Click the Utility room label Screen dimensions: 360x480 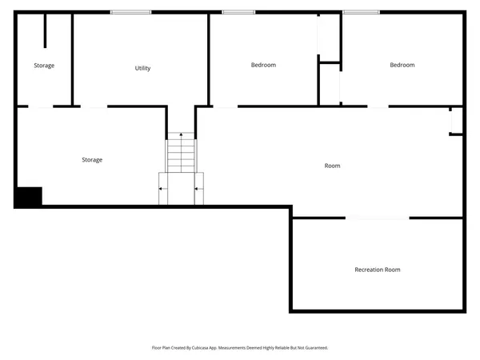click(142, 68)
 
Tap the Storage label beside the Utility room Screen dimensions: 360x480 click(44, 66)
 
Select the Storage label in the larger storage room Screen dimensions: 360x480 click(92, 160)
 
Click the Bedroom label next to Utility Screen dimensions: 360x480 click(263, 65)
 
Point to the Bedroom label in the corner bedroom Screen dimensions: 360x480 click(402, 65)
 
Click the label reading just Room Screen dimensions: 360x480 click(332, 166)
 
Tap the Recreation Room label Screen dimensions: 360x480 click(378, 270)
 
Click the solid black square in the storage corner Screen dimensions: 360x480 click(29, 197)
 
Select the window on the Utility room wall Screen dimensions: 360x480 click(130, 11)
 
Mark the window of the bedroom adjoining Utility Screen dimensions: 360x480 click(238, 11)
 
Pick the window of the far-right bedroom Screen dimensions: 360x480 click(361, 11)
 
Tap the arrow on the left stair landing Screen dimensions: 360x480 click(163, 189)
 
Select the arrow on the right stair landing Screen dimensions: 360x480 click(198, 189)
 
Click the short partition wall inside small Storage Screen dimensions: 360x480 click(45, 30)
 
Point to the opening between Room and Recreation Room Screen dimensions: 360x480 click(378, 218)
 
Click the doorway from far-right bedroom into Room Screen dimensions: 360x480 click(378, 106)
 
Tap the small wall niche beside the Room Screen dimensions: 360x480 click(456, 121)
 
